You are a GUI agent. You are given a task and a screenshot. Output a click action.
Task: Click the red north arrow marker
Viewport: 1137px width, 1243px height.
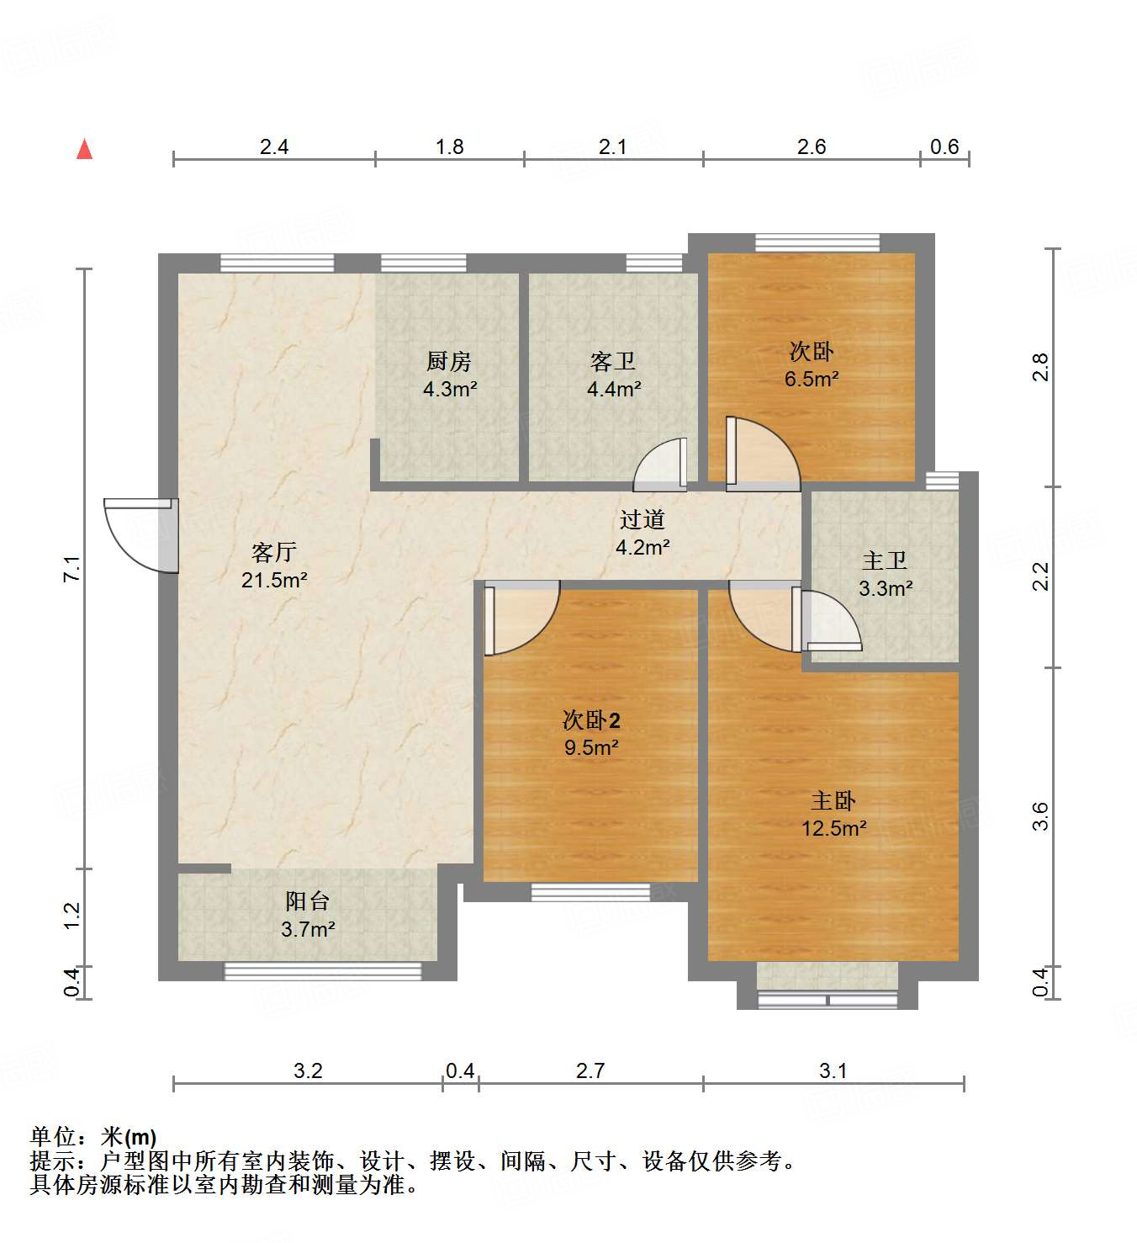(x=84, y=149)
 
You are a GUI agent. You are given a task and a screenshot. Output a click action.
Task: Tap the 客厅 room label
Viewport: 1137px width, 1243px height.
(x=274, y=553)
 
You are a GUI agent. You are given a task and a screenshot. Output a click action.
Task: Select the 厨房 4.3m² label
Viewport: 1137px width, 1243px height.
(x=449, y=375)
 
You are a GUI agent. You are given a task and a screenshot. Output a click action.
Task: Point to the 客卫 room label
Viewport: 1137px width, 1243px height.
(x=613, y=362)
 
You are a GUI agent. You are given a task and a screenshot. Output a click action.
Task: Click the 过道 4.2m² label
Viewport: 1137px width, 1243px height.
(x=643, y=534)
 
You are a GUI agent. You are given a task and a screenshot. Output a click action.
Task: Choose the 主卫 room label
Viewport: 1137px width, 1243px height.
(x=885, y=561)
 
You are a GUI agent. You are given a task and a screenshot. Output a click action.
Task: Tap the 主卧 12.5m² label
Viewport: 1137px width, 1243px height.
(x=833, y=815)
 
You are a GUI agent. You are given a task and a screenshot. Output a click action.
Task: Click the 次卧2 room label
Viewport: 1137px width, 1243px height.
(x=591, y=720)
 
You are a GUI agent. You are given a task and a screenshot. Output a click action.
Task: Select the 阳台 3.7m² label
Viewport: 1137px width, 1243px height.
(x=308, y=915)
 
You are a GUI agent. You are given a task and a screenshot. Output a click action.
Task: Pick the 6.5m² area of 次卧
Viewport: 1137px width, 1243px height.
(x=812, y=380)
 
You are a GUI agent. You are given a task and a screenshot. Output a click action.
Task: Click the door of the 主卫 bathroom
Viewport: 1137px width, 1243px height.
(x=828, y=621)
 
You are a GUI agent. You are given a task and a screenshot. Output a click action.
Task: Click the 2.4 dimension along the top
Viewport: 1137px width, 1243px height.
(x=274, y=147)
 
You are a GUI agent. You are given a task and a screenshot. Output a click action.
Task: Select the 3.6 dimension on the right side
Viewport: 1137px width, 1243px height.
(x=1040, y=816)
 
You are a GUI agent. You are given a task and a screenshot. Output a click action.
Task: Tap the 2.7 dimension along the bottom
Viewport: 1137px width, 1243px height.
(x=590, y=1070)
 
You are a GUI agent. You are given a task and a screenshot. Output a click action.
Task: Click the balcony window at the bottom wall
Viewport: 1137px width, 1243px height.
(x=322, y=971)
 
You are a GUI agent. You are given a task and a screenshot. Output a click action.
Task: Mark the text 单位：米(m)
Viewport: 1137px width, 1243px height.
(x=93, y=1137)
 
